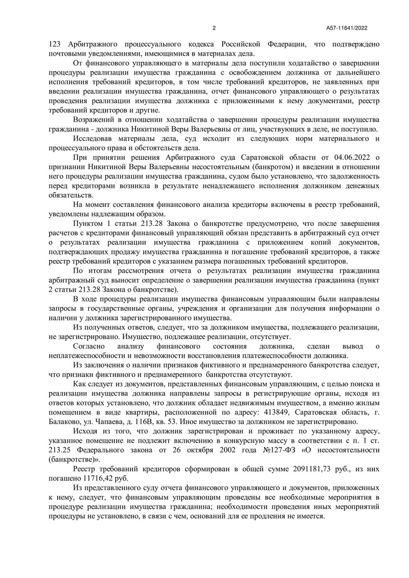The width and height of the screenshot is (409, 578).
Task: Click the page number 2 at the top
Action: coord(215,28)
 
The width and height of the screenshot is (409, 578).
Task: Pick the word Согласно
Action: coord(89,346)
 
